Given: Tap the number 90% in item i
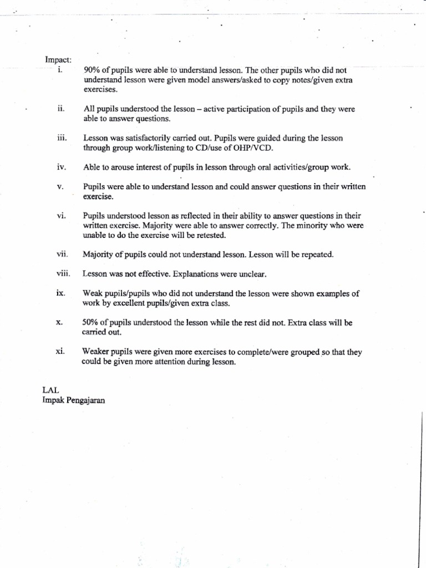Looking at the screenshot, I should click(90, 70).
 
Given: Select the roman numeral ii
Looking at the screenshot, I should click(62, 109).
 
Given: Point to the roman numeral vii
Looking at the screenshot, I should click(62, 255).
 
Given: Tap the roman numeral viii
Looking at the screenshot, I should click(62, 273).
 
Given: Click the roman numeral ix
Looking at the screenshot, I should click(62, 293).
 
